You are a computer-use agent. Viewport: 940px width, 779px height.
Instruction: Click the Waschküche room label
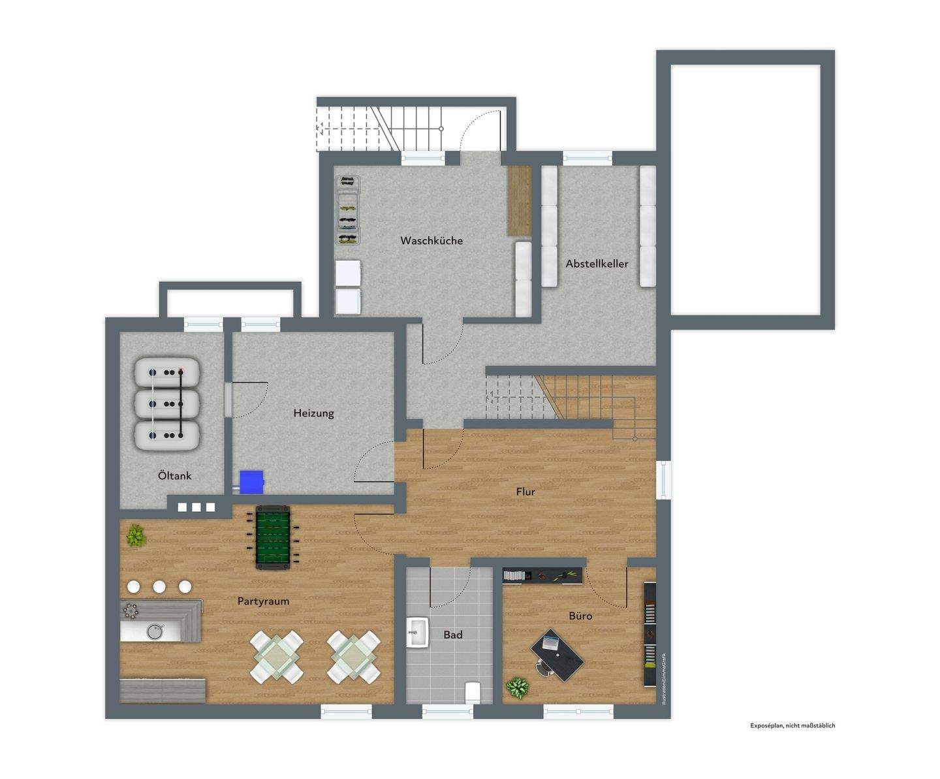point(431,240)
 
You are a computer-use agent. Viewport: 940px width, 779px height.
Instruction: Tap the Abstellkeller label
point(597,264)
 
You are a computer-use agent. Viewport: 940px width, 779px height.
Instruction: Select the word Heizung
point(313,413)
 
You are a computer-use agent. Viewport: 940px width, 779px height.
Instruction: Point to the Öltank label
point(175,475)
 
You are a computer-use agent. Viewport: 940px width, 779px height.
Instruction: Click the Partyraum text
point(263,601)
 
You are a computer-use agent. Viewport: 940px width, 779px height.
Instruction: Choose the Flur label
point(525,492)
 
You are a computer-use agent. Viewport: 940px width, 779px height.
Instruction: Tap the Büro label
point(580,616)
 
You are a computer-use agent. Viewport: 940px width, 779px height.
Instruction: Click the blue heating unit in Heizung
point(251,482)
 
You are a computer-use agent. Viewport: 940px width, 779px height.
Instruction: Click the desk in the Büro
point(556,655)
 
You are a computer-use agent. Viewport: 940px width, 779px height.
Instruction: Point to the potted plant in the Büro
point(518,688)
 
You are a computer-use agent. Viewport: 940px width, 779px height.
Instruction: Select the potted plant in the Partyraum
point(136,535)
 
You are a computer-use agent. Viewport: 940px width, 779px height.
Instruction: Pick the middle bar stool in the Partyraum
point(159,586)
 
